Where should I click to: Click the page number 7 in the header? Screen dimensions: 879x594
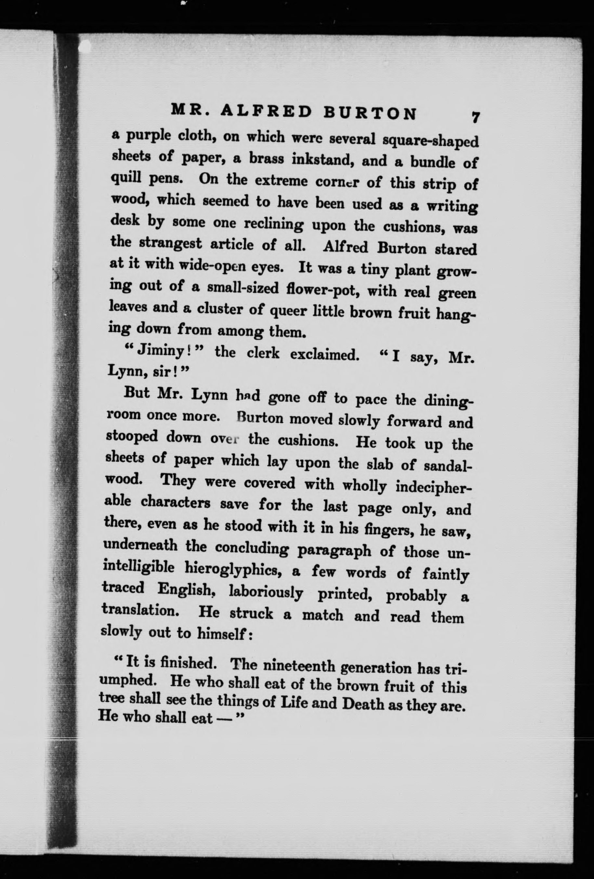[x=475, y=116]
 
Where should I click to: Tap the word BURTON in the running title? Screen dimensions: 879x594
[x=371, y=113]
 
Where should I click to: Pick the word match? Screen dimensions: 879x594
[x=322, y=615]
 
